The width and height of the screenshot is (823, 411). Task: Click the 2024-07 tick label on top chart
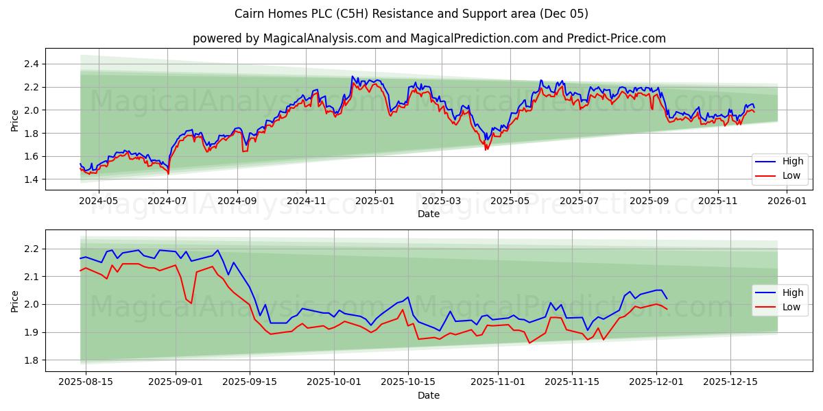[167, 201]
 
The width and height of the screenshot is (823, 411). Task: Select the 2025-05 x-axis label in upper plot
[510, 201]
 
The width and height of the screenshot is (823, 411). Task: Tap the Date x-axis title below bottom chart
[429, 395]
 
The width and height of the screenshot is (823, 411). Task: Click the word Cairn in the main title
[250, 14]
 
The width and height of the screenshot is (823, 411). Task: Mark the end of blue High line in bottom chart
[667, 298]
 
